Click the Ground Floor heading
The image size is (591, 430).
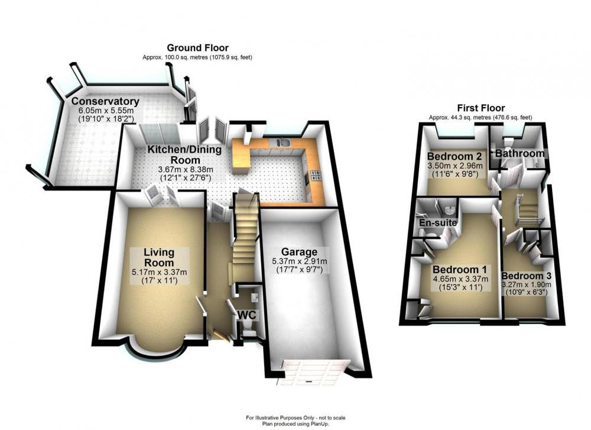(197, 48)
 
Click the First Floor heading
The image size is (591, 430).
(480, 108)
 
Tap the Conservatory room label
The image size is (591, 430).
(105, 101)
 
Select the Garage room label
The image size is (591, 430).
(299, 251)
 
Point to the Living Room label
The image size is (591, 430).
(159, 257)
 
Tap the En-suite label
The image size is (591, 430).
(438, 222)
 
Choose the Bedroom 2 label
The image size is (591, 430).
(454, 156)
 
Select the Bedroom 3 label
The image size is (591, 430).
(526, 276)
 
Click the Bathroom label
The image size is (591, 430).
(519, 154)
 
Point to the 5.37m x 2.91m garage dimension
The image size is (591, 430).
(299, 261)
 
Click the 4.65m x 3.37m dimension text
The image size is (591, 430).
(460, 279)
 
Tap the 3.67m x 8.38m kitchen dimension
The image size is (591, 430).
(184, 169)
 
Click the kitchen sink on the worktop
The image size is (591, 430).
(282, 142)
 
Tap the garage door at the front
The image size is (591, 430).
(313, 372)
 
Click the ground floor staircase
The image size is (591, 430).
(245, 231)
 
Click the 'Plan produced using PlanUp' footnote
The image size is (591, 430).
(295, 424)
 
